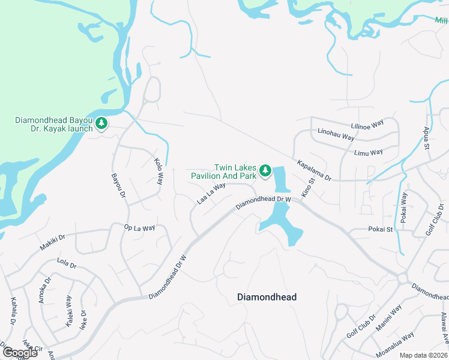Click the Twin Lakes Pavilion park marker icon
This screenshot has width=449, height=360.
coord(265,172)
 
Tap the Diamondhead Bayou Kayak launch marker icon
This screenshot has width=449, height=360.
coord(101,124)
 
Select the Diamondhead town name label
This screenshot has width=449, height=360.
coord(267,297)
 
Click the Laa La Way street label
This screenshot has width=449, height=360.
coord(211,193)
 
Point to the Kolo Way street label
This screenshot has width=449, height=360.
coord(158,170)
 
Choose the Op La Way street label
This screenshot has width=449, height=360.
coord(139,228)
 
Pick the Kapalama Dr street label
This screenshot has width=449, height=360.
coord(315,170)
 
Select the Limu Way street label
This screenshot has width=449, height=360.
coord(368,152)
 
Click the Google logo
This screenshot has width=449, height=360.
coord(20,353)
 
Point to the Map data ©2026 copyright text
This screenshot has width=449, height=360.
coord(424,355)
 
